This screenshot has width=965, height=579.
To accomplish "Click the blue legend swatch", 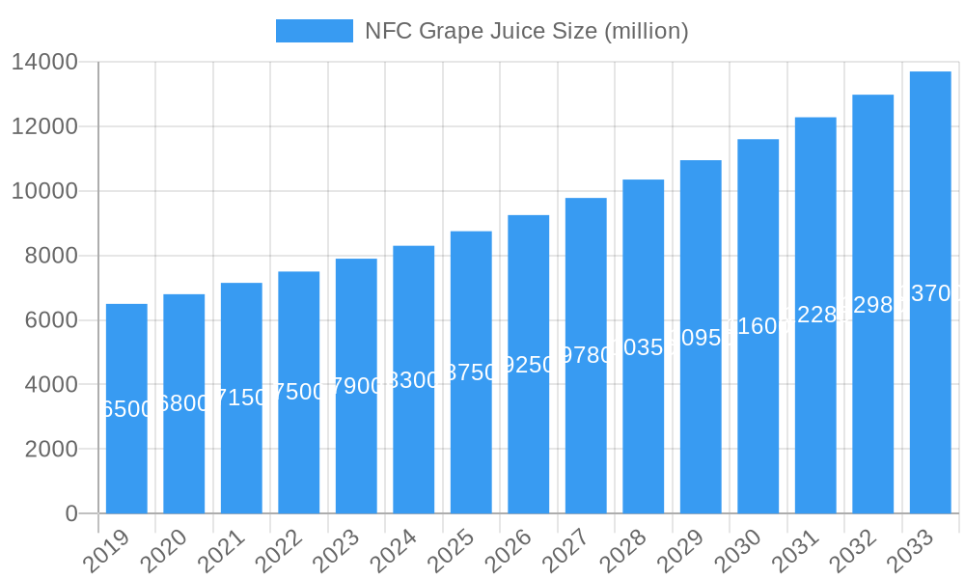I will tap(315, 31).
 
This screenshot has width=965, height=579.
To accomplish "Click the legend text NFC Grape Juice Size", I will tap(526, 31).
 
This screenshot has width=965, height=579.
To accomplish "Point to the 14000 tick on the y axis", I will tap(44, 63).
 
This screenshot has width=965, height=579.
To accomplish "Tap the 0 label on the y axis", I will tap(71, 513).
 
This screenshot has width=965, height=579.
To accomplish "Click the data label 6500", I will tap(126, 409).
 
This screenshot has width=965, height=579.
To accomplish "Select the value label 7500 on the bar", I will tap(299, 392).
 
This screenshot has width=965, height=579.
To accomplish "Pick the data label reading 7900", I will tap(356, 387).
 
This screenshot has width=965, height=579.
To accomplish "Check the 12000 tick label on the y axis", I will tap(44, 127).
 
